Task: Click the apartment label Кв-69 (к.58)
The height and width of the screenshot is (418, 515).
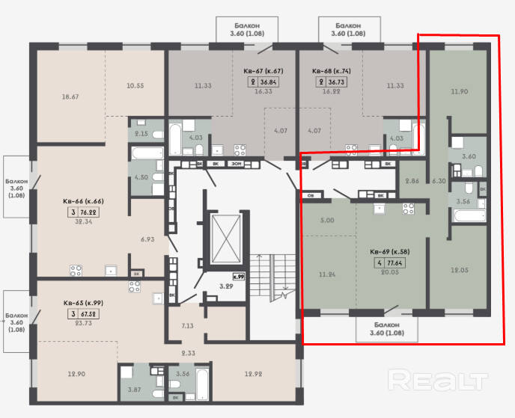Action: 389,252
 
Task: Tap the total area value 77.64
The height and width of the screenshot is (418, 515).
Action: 394,263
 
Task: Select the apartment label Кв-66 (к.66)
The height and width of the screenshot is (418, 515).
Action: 83,201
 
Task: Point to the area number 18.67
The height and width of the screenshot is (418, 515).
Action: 70,96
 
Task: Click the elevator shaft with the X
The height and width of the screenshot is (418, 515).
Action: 225,239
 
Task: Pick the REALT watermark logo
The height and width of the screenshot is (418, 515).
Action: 438,380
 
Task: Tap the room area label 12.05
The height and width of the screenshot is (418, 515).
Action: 459,270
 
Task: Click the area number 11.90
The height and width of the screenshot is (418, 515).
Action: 459,91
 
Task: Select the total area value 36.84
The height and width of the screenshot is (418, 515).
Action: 268,82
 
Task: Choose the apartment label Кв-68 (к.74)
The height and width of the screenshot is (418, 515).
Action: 332,71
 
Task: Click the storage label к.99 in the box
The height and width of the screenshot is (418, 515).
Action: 239,277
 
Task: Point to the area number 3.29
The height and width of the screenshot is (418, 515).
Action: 226,286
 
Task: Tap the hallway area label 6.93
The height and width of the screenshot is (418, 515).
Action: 147,239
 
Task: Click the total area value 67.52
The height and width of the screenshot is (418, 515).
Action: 88,314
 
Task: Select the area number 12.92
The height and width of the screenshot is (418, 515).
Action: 253,374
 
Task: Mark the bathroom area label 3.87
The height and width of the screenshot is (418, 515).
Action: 134,390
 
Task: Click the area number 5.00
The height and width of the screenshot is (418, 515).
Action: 327,221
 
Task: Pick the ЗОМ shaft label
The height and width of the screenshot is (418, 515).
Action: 236,164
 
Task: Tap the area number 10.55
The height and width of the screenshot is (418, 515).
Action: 135,86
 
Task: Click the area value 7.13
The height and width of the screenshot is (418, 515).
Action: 188,326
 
